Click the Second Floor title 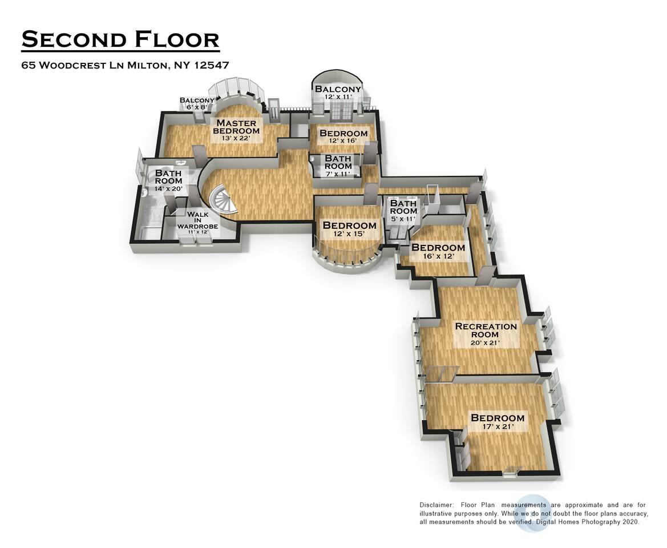point(120,39)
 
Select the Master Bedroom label point(237,130)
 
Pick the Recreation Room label point(486,334)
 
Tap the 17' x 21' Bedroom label point(498,421)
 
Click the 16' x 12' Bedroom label point(438,251)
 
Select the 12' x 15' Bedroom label point(349,229)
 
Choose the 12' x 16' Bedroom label point(343,136)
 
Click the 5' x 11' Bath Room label point(403,211)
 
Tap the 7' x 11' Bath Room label point(338,166)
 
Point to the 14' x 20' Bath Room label point(168,180)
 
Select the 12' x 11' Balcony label point(337,92)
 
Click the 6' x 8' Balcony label point(196,103)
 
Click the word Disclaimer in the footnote point(437,505)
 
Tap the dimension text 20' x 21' point(486,343)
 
